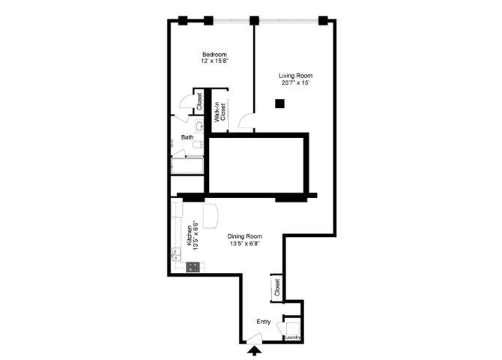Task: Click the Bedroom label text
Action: point(214,54)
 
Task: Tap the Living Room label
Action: point(295,76)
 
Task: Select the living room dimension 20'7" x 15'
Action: point(295,83)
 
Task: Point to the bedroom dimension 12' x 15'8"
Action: point(214,61)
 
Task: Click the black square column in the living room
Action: point(279,105)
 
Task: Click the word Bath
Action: point(187,137)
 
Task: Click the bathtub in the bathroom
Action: point(187,166)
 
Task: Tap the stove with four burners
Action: point(193,265)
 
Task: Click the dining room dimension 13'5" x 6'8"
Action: point(245,244)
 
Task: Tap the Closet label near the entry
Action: point(276,286)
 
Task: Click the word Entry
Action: point(263,322)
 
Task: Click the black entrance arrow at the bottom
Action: point(254,349)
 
